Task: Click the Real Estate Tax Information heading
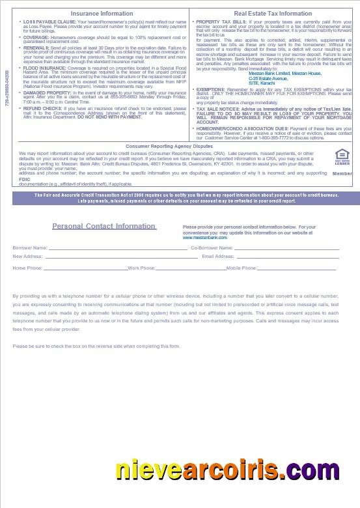coord(272,13)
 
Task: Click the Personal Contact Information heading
coord(104,227)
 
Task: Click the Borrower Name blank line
coord(117,249)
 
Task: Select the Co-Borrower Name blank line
coord(286,249)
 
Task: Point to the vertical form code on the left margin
coord(7,89)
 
